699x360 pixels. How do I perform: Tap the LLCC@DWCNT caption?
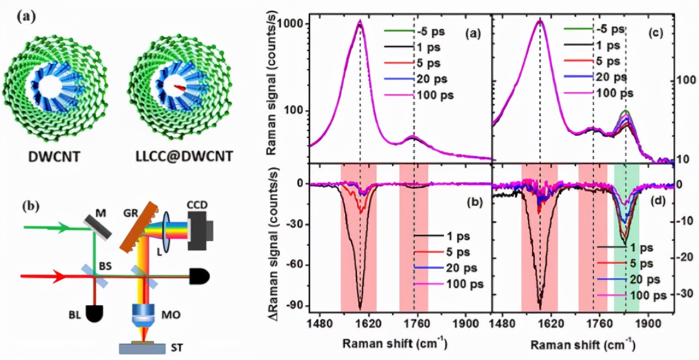[185, 156]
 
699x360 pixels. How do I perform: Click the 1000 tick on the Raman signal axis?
[293, 24]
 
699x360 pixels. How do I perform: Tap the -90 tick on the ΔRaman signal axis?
[296, 305]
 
